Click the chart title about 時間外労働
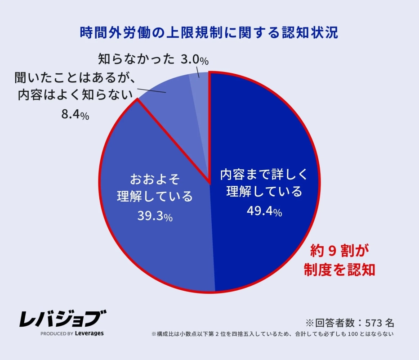(x=209, y=33)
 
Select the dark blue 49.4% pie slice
(x=270, y=135)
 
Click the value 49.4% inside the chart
(x=264, y=211)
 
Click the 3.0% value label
(x=195, y=59)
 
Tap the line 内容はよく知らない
(x=76, y=95)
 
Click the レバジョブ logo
(x=62, y=319)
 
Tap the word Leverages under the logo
(x=89, y=333)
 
